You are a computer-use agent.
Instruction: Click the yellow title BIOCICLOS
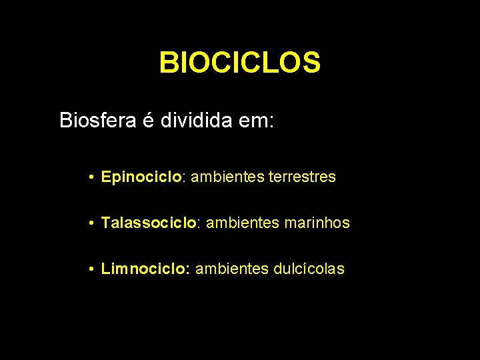[240, 63]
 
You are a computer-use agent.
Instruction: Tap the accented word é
[150, 121]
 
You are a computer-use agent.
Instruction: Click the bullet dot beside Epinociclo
[90, 177]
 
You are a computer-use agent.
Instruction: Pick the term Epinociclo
[141, 177]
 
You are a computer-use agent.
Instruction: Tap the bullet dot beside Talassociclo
[90, 223]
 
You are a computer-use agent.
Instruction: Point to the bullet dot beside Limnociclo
[90, 269]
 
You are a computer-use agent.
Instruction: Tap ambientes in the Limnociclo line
[232, 269]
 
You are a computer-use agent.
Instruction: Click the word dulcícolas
[309, 269]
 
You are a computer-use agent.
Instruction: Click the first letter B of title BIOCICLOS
[167, 63]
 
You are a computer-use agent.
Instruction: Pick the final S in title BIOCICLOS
[312, 63]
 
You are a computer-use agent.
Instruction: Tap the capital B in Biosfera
[65, 121]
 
